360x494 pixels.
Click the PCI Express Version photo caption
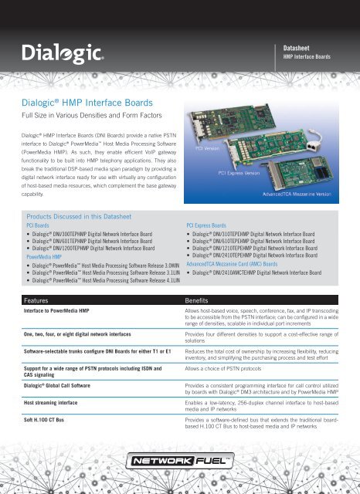[x=247, y=174]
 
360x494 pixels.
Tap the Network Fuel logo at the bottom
[x=179, y=463]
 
